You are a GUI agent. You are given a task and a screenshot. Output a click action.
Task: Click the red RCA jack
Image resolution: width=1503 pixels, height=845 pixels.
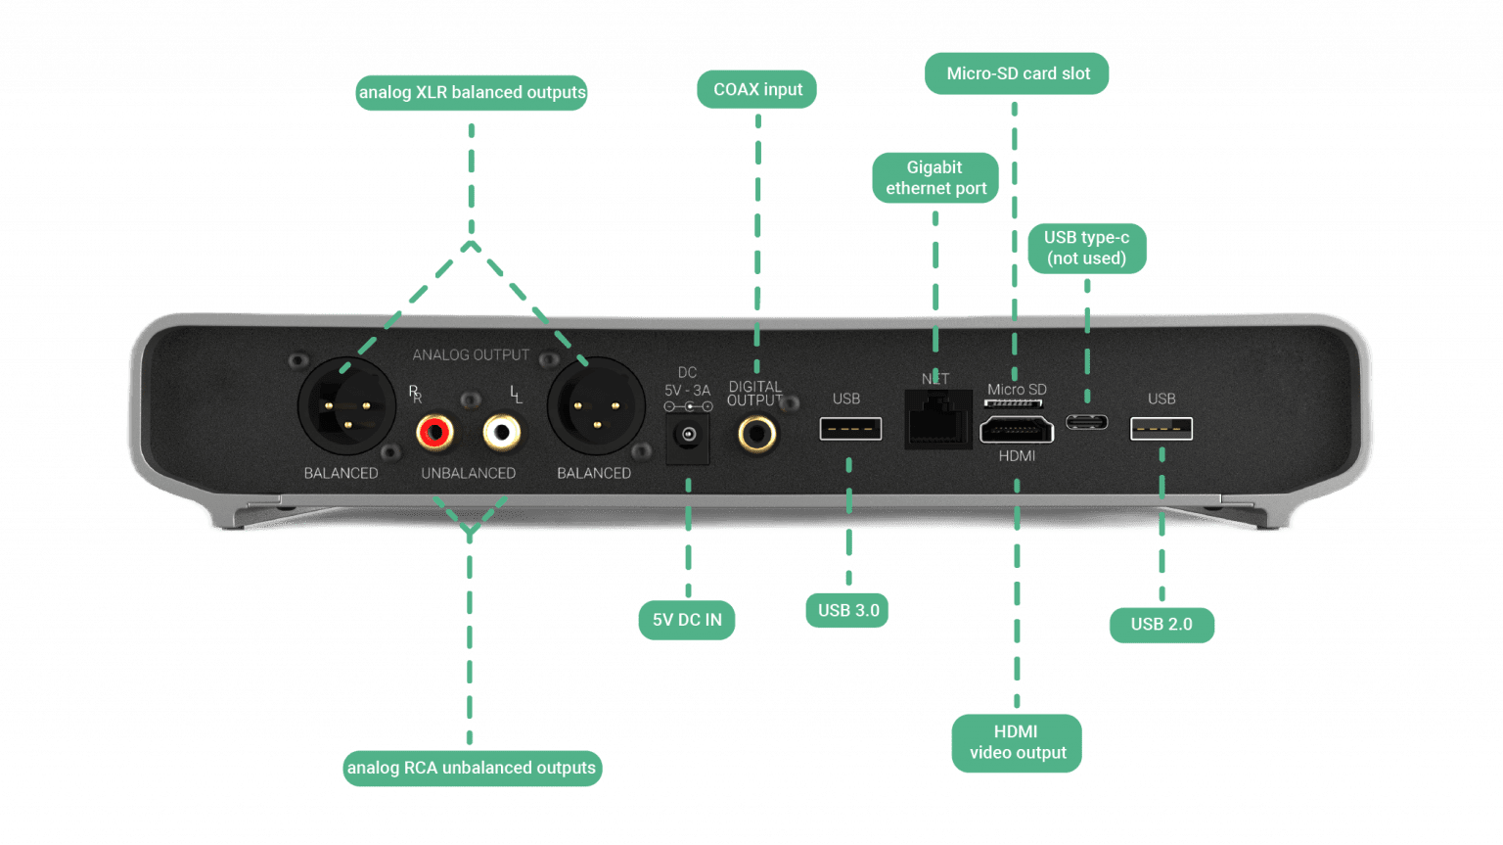pos(434,432)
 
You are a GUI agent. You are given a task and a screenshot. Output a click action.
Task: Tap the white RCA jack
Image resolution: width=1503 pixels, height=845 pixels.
pos(502,432)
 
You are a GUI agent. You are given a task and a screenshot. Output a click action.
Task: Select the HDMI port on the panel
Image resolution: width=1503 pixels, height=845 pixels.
pos(1017,430)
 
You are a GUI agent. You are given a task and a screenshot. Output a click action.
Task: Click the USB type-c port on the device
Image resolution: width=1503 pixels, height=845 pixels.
pos(1086,423)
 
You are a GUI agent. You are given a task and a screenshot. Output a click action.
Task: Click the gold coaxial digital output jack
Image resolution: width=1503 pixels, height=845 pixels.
pos(757,432)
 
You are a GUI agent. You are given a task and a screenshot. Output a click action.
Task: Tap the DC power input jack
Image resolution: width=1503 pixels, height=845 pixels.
pos(688,435)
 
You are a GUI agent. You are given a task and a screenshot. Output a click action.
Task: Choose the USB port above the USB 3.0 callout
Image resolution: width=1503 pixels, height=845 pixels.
pos(850,429)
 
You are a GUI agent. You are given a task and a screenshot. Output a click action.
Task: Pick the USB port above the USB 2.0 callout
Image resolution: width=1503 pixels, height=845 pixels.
pos(1161,429)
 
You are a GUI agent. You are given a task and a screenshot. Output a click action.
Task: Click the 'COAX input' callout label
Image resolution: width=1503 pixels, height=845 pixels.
pos(757,90)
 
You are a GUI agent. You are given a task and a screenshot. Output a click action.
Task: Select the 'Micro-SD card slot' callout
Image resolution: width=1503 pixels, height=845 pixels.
pos(1018,74)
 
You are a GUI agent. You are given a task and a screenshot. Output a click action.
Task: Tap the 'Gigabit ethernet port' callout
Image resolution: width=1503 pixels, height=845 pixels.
pos(935,178)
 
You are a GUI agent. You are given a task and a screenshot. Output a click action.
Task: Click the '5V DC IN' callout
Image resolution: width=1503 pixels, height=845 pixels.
pos(687,620)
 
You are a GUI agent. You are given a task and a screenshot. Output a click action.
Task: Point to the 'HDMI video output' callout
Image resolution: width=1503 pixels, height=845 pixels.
pos(1017,742)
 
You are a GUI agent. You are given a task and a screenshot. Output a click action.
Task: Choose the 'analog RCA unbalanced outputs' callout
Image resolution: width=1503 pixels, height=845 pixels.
pos(472,768)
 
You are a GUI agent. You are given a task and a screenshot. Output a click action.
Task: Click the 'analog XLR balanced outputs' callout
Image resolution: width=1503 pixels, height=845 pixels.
pos(472,93)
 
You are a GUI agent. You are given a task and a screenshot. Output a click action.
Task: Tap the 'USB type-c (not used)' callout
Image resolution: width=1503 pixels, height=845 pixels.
pos(1086,248)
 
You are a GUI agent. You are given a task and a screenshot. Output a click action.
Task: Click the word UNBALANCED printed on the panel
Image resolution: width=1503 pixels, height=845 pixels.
pos(468,474)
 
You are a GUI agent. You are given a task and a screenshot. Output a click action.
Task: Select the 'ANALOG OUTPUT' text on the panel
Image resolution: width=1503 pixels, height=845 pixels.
pos(471,355)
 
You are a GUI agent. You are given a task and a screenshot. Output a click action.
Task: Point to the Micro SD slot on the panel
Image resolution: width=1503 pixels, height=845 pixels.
pos(1014,402)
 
